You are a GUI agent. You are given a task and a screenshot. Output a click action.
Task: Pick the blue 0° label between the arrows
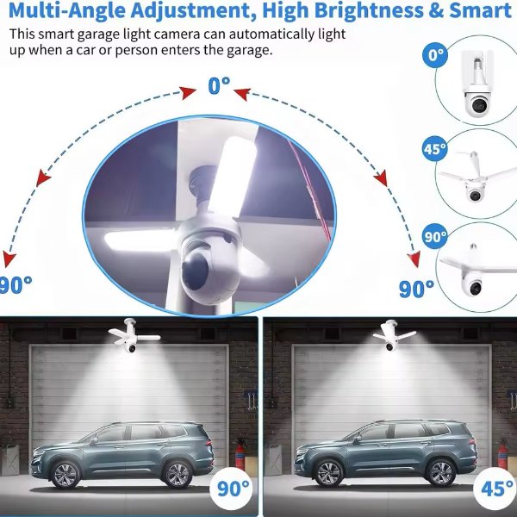coord(220,86)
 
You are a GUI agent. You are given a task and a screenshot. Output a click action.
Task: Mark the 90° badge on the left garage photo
coord(232,490)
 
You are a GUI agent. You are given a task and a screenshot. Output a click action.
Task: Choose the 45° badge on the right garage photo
coord(497,490)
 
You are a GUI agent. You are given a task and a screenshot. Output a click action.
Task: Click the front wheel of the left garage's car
coord(65,472)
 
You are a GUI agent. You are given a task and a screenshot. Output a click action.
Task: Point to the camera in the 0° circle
coord(476,104)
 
